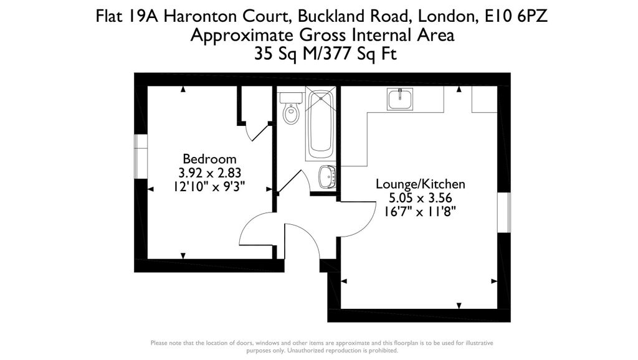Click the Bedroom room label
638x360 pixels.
[209, 159]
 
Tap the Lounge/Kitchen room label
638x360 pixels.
[420, 184]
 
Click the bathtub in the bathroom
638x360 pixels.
[321, 125]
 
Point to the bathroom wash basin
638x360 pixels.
[327, 177]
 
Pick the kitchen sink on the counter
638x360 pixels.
[399, 99]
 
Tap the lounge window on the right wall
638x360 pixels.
[504, 213]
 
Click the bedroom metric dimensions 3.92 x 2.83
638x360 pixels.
[209, 173]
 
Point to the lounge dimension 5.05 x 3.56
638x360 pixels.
[420, 198]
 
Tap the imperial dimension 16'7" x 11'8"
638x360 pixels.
[420, 212]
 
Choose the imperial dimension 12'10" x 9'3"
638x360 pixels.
[209, 186]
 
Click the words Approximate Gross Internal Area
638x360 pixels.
[322, 36]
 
